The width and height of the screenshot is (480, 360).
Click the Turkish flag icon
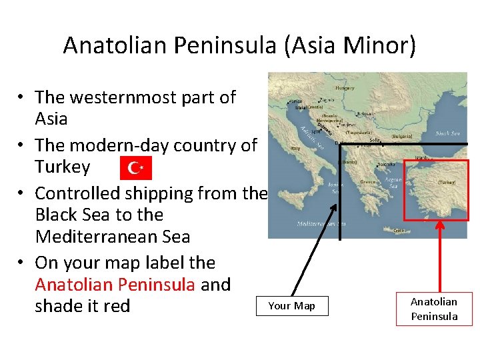coord(136,168)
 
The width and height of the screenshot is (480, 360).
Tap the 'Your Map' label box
coord(291,306)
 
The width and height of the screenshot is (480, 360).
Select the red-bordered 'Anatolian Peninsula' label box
coord(433,309)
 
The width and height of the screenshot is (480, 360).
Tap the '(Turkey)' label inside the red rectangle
coord(447,181)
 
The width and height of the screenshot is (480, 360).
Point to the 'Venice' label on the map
coord(294,101)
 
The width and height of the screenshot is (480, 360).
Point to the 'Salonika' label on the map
coord(385,164)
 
